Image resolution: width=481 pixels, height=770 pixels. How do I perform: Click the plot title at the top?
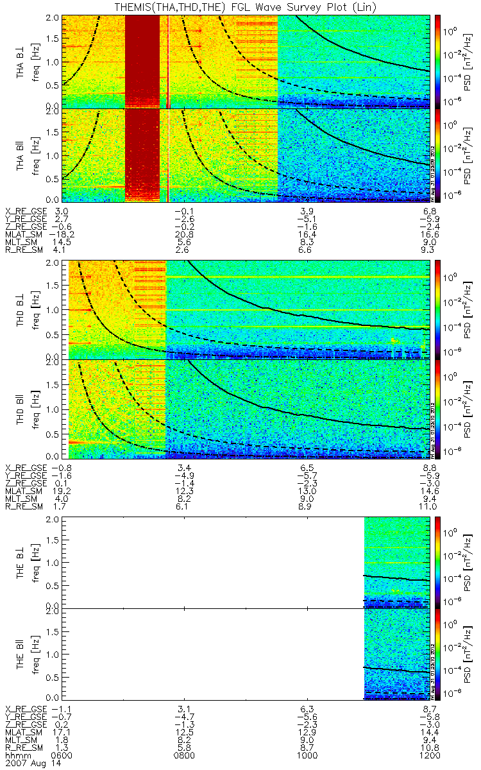[240, 6]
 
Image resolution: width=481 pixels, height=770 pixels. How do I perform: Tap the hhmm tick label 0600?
[62, 756]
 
